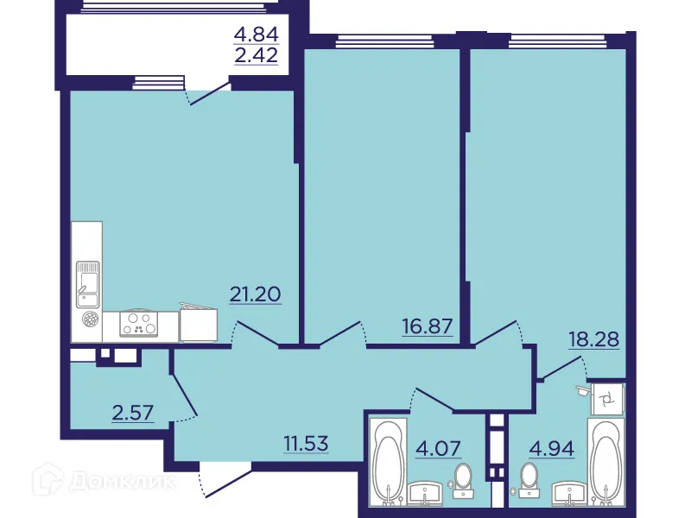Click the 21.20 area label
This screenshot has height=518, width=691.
256,294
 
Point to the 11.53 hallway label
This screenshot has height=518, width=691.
310,445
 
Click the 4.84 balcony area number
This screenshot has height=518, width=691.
256,35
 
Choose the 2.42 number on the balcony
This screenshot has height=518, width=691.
256,59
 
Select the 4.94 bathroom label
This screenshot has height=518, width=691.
551,448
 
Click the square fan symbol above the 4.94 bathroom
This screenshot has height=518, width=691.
607,398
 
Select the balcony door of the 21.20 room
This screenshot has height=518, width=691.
207,92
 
